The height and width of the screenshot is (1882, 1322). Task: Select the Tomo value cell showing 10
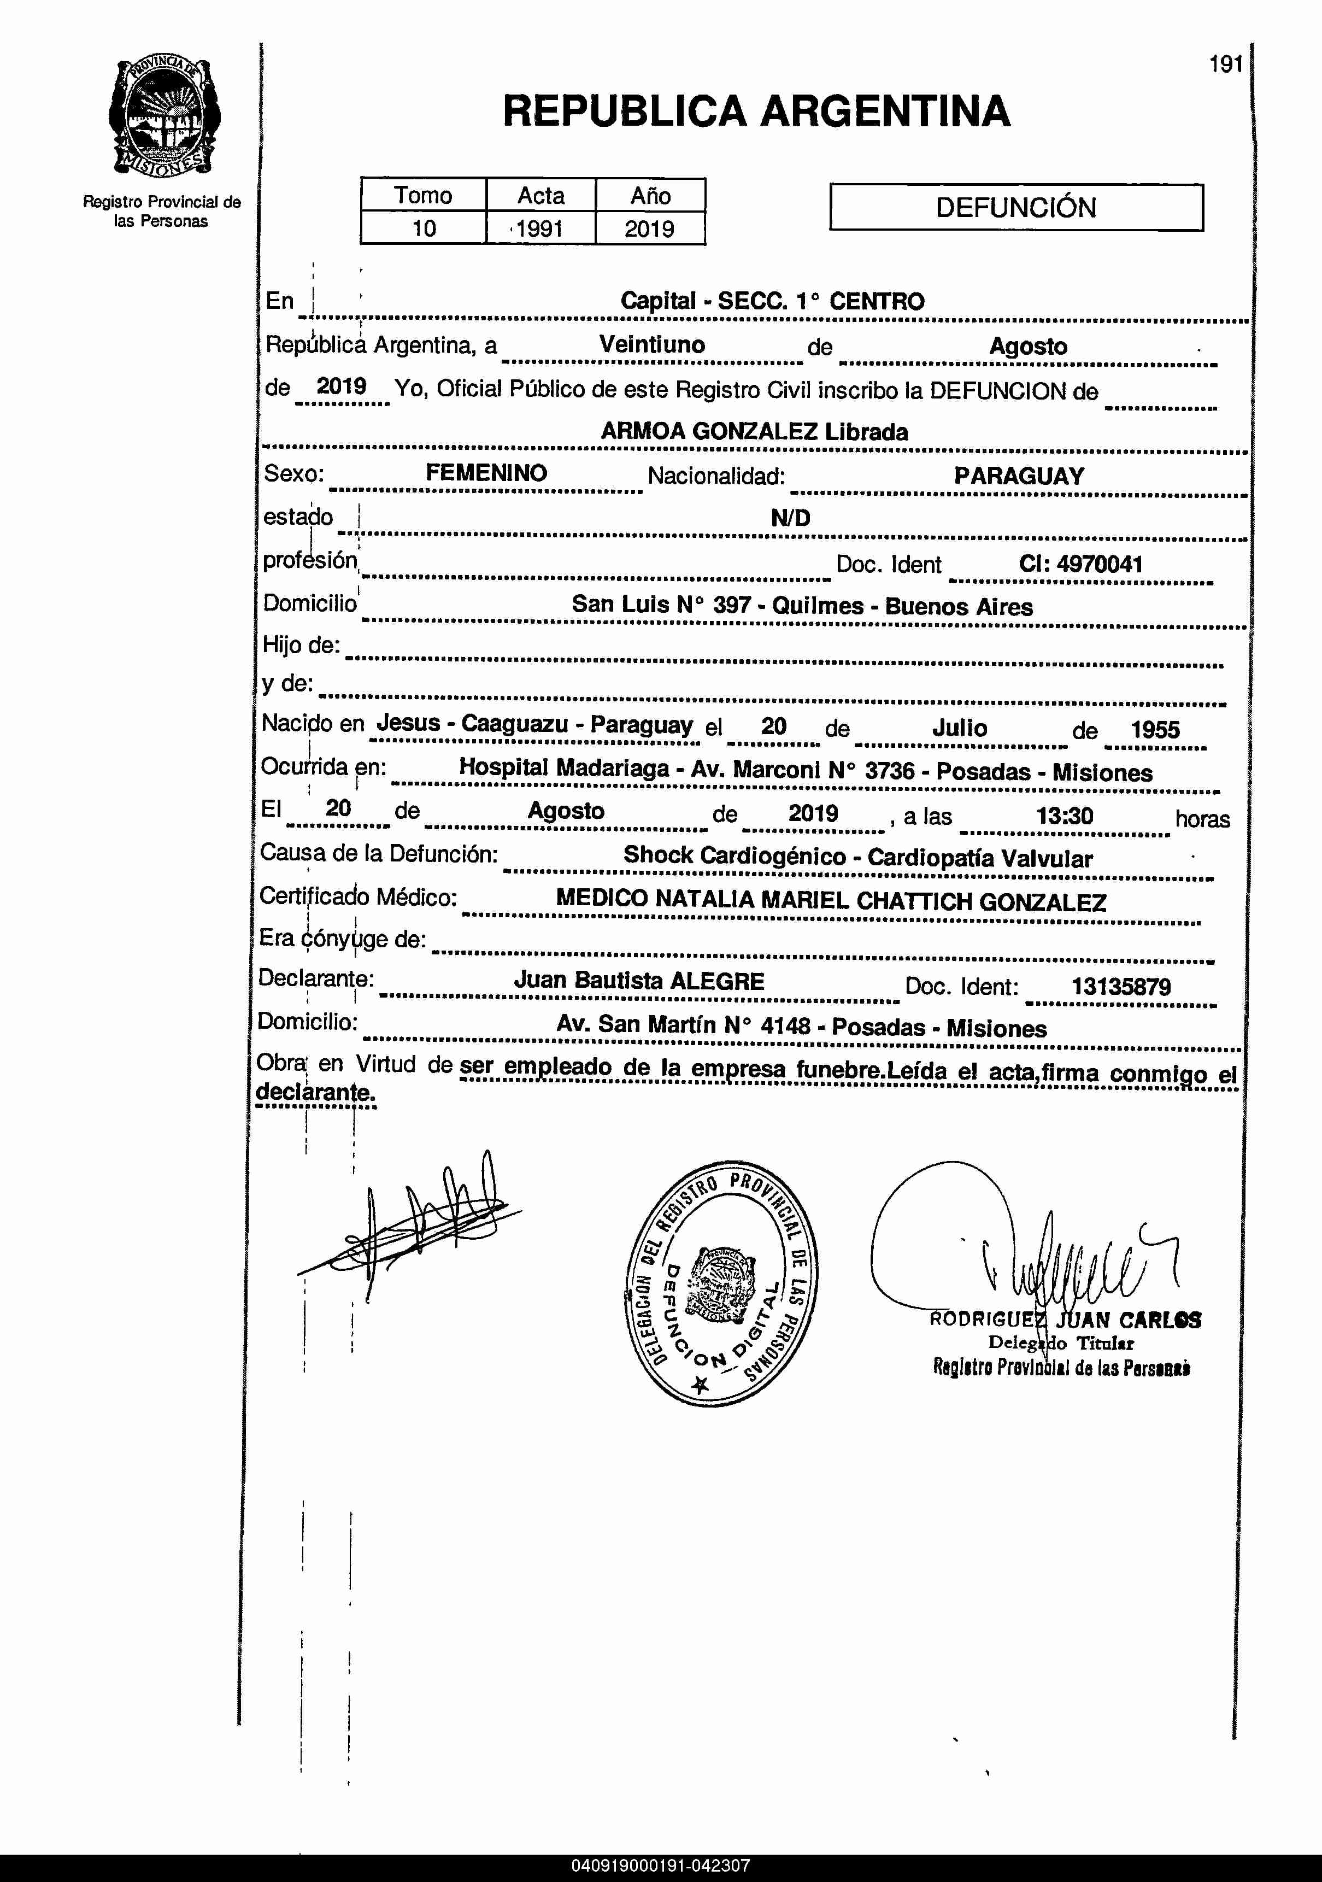point(423,228)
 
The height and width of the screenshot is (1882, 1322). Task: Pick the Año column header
point(650,195)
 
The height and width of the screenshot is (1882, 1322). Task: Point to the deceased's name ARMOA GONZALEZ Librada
point(754,432)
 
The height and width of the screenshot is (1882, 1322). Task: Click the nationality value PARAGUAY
point(1019,476)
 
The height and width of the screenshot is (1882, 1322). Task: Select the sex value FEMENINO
point(486,473)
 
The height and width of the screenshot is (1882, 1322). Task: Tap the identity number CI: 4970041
point(1080,564)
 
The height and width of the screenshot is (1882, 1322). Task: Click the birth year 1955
point(1155,730)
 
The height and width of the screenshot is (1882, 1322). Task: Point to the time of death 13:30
point(1064,816)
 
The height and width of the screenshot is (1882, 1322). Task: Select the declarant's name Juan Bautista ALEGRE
point(639,981)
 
